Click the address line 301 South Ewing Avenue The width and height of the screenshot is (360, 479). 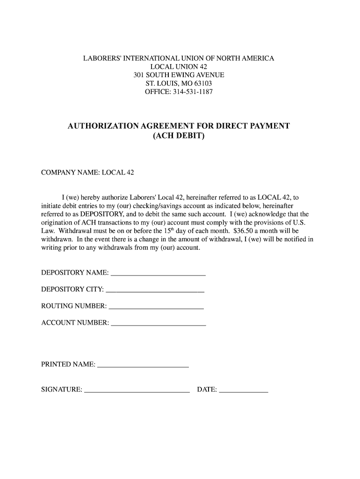[179, 75]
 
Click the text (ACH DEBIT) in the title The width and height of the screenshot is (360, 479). [179, 137]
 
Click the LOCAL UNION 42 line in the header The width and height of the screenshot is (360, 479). [179, 67]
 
